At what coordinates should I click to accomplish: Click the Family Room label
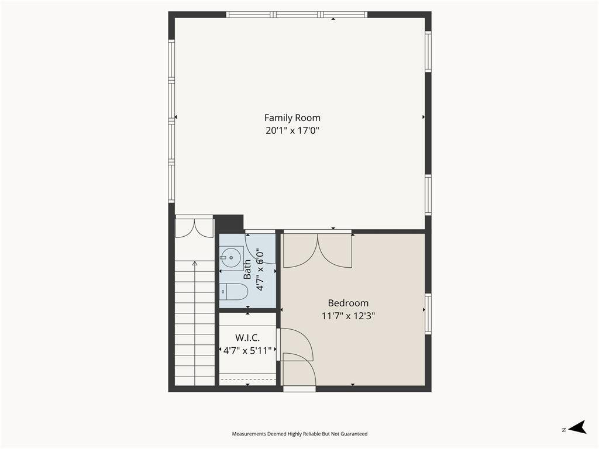click(292, 118)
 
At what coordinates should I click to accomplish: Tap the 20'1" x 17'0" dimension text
click(292, 130)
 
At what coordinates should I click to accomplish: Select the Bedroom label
click(349, 303)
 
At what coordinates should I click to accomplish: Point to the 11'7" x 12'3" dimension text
click(349, 316)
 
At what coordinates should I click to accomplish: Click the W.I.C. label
click(247, 338)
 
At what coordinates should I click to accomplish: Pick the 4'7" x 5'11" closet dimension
click(247, 351)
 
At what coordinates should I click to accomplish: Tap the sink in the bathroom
click(232, 258)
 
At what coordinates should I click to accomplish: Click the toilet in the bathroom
click(234, 292)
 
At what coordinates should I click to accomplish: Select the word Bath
click(247, 269)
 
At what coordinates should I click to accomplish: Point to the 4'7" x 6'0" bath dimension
click(260, 269)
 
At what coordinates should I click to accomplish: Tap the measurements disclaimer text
click(300, 434)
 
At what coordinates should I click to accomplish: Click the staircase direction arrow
click(195, 323)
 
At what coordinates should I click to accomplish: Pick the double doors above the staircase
click(194, 228)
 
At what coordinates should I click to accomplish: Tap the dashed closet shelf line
click(248, 379)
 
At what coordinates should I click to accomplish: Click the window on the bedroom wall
click(428, 314)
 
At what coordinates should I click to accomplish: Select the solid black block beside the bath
click(229, 224)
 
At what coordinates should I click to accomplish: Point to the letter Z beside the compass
click(564, 430)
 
